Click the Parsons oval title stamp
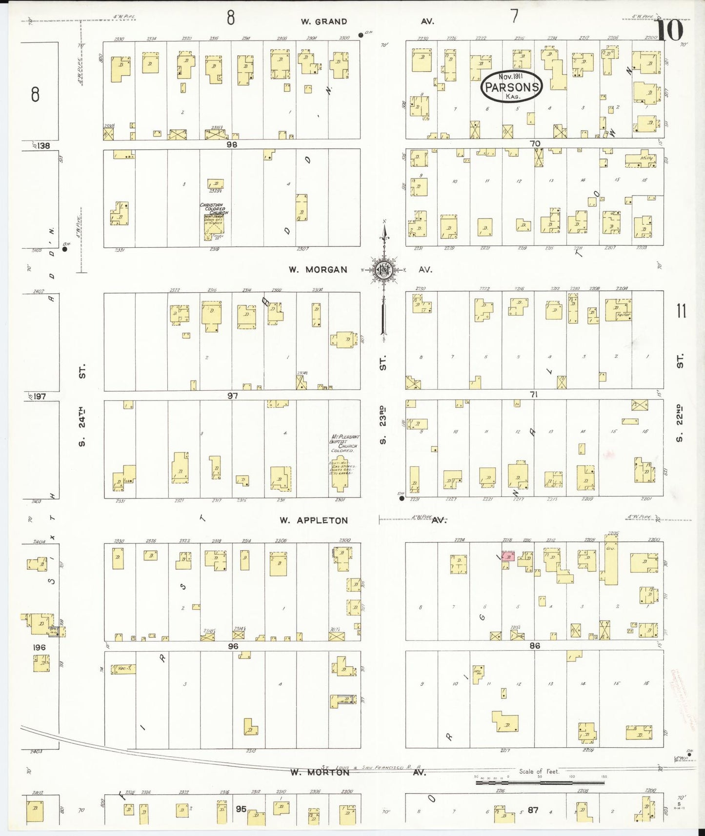(x=511, y=87)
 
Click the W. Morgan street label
(x=318, y=269)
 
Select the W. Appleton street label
(x=314, y=520)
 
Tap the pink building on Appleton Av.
(x=508, y=557)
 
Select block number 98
(x=231, y=144)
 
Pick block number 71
(x=533, y=394)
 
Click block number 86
(x=534, y=645)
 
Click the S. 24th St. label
(x=82, y=404)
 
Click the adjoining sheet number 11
(x=681, y=311)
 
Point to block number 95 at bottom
(x=241, y=809)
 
